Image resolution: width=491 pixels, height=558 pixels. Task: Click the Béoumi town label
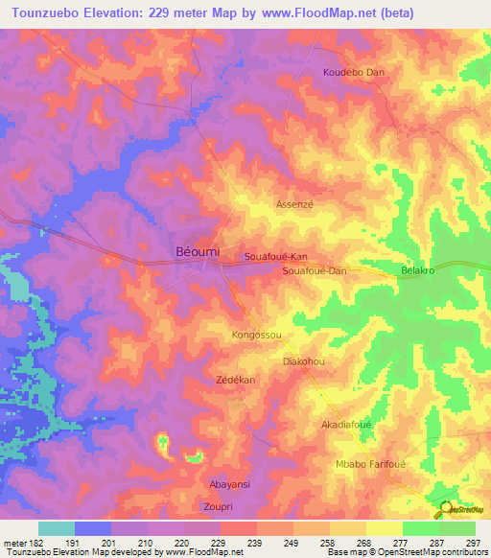click(199, 250)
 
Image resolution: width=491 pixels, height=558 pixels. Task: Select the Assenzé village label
click(294, 205)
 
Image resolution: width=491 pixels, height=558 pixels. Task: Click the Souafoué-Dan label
click(314, 271)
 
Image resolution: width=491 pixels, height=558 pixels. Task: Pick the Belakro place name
click(418, 271)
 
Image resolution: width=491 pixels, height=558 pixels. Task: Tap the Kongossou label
click(256, 336)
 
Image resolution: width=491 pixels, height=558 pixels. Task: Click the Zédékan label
click(234, 381)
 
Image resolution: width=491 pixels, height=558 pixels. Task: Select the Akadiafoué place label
click(346, 423)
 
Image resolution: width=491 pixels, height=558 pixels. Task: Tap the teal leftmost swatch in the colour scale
click(57, 528)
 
